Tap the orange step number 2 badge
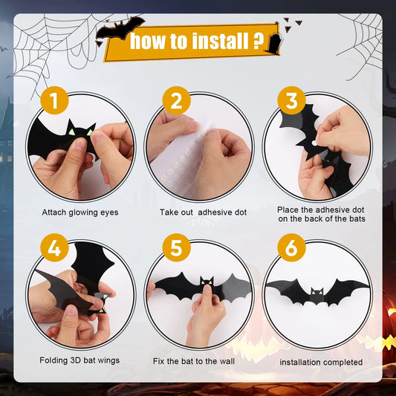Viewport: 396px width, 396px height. (175, 101)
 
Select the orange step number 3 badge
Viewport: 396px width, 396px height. (291, 101)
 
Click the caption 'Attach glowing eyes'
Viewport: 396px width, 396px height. (79, 212)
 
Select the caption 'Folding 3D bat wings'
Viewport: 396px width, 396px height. (79, 360)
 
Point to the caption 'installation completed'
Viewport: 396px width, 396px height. (321, 362)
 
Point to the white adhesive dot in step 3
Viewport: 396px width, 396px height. (313, 139)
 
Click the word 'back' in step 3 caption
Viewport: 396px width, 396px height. (327, 219)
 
